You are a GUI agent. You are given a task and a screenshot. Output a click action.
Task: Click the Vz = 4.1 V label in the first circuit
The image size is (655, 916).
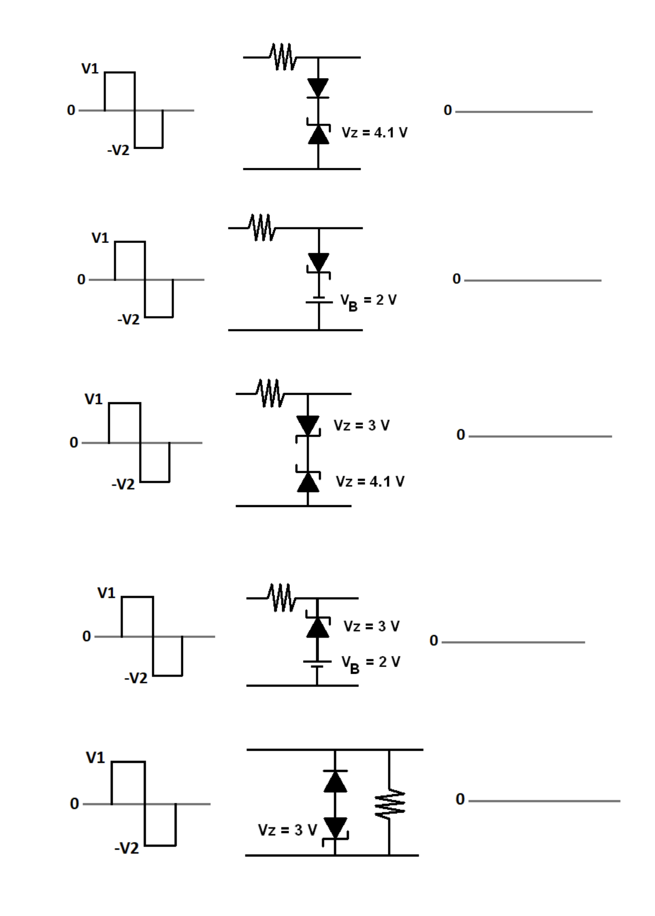pos(374,133)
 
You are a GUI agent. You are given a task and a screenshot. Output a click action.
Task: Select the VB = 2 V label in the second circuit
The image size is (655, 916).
pos(368,301)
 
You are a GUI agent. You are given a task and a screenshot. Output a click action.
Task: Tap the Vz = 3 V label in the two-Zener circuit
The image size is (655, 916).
pos(362,426)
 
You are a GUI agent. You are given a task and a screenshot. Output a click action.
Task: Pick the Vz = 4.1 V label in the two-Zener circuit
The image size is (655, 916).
pos(370,481)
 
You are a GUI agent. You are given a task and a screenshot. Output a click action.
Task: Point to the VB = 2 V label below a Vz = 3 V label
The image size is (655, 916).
pos(371,663)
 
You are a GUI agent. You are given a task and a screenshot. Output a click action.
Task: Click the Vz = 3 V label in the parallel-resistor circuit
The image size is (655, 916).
pos(287,830)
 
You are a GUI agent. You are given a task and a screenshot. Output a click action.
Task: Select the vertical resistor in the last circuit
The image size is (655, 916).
pos(389,804)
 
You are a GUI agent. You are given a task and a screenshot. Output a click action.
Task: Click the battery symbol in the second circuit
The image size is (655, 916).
pos(319,300)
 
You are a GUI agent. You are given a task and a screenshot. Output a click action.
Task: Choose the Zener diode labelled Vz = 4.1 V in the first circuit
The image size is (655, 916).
pos(318,133)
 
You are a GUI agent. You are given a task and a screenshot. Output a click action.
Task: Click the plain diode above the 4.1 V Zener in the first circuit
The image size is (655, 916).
pos(318,88)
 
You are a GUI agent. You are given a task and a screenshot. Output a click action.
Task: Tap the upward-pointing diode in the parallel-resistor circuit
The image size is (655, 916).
pos(335,781)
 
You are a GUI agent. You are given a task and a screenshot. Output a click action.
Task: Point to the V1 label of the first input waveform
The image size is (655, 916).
pos(90,68)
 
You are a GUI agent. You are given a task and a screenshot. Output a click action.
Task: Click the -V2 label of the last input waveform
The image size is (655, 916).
pos(126,848)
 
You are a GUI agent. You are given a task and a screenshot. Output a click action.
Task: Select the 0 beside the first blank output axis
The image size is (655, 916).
pos(447,110)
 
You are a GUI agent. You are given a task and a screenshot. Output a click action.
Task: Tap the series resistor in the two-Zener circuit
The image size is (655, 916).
pos(270,393)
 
